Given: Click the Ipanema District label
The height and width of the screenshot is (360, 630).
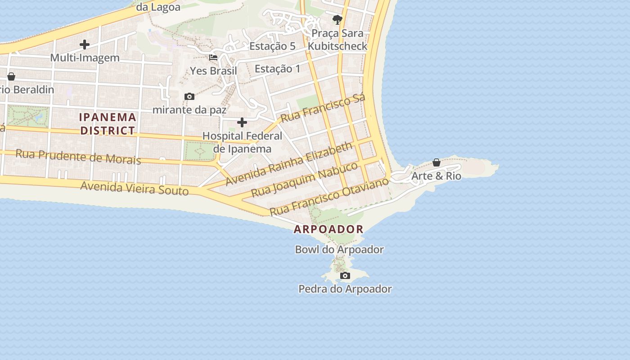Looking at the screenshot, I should click(x=108, y=124).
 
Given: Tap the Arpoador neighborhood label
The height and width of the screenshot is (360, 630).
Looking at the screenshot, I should click(x=328, y=229).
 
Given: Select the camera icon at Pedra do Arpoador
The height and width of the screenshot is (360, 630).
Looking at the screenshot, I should click(x=345, y=275).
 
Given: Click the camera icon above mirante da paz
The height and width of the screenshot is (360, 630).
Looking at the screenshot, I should click(x=189, y=96).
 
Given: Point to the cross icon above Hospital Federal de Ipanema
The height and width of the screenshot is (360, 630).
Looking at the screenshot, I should click(x=242, y=122).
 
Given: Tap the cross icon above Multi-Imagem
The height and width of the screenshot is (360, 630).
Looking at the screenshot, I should click(x=85, y=45).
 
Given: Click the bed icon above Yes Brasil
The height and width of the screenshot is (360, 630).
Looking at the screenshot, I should click(x=213, y=58).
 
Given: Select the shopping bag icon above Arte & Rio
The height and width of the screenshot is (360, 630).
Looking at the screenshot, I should click(x=436, y=162).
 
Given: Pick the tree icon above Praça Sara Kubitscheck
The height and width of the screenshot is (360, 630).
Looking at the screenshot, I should click(x=337, y=19).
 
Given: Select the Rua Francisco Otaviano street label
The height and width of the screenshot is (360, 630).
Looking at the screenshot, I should click(x=329, y=197).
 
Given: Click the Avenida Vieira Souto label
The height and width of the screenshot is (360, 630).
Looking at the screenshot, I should click(x=134, y=188).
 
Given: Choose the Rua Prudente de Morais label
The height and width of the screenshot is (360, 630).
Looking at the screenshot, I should click(x=78, y=156).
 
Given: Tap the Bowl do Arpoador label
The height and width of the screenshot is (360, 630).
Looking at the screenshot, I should click(x=339, y=249).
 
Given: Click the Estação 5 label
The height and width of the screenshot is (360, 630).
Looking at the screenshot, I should click(x=272, y=46).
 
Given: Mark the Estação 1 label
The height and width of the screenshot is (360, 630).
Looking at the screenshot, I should click(x=277, y=69).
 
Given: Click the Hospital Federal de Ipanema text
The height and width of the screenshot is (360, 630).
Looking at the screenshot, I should click(x=242, y=142).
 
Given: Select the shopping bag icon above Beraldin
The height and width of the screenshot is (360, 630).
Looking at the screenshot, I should click(x=11, y=76).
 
